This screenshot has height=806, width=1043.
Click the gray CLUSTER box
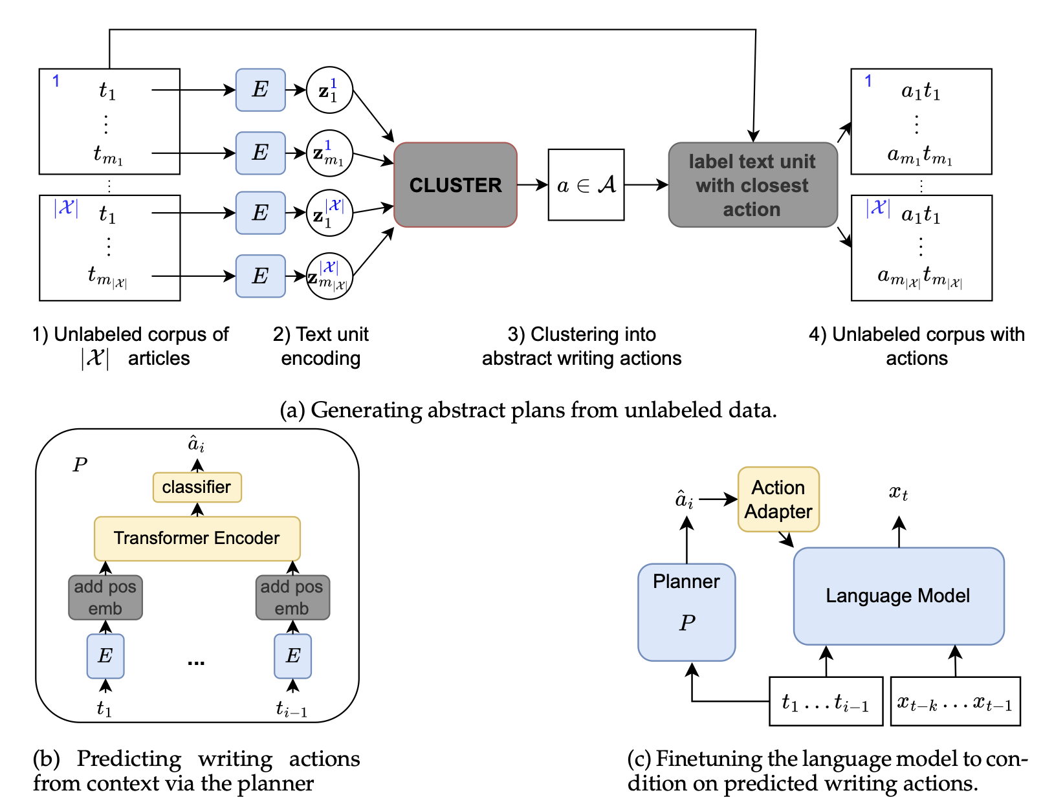click(x=455, y=185)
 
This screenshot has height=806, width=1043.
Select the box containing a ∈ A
click(x=586, y=185)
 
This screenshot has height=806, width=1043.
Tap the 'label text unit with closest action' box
click(x=752, y=185)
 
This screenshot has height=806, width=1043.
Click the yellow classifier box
click(x=197, y=487)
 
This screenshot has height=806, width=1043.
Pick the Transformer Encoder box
click(x=197, y=538)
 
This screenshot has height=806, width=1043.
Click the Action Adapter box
click(x=778, y=499)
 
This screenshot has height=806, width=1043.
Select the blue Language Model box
click(x=898, y=596)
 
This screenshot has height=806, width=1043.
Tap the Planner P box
click(x=686, y=612)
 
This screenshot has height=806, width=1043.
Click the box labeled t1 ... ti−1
click(x=826, y=702)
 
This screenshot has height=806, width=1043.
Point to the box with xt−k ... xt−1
click(x=955, y=702)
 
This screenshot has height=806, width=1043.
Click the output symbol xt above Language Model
click(x=899, y=494)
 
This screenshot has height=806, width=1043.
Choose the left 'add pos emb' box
click(x=105, y=598)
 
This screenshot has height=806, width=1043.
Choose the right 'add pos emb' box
click(x=292, y=598)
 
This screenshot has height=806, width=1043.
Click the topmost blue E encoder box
click(x=260, y=90)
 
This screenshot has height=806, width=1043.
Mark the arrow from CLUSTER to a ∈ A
click(x=532, y=185)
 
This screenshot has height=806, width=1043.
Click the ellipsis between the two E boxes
click(x=196, y=662)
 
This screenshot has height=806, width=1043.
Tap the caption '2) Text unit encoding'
click(x=321, y=346)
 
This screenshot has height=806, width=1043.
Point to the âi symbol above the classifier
click(x=196, y=444)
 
